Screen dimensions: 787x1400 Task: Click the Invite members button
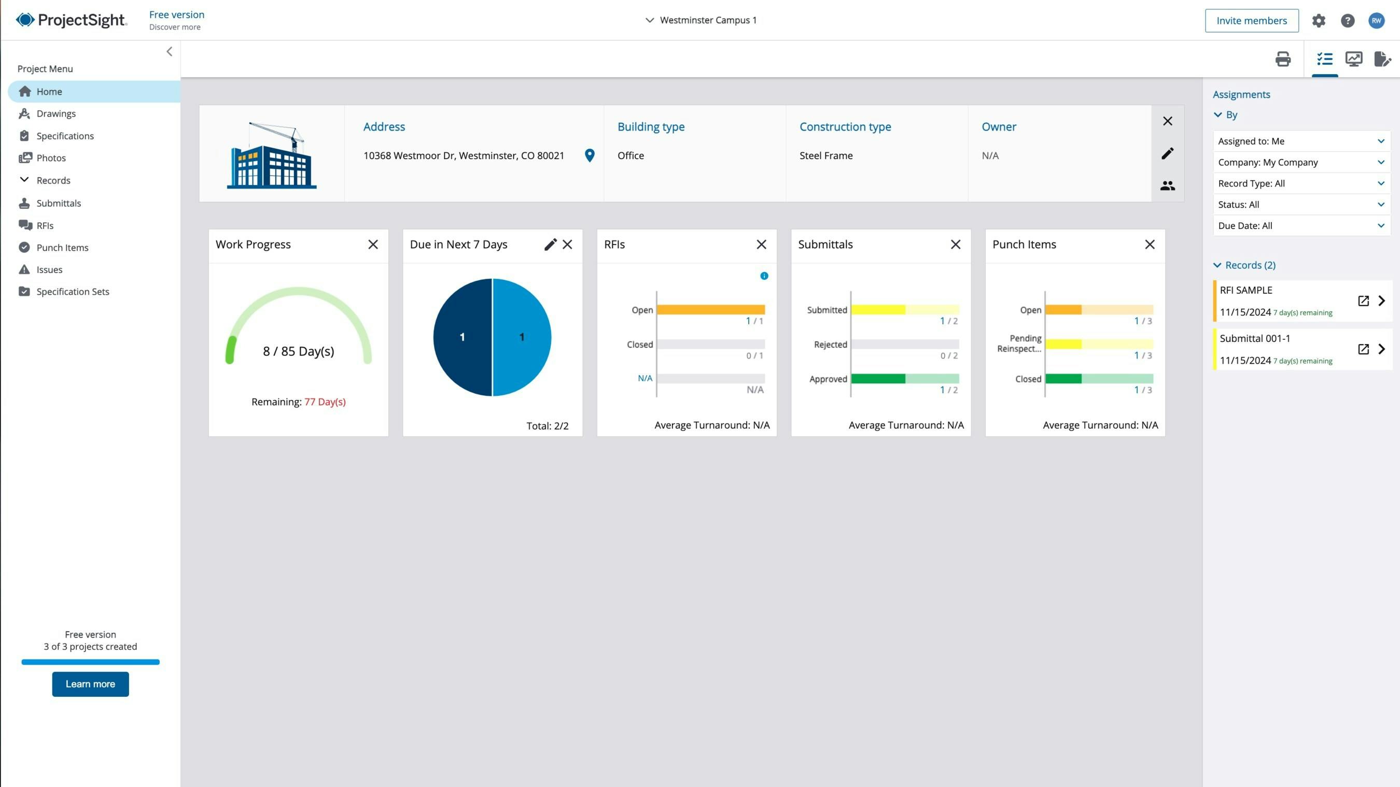(1251, 21)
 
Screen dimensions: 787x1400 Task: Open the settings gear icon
(1319, 21)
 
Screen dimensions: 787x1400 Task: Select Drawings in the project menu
(56, 113)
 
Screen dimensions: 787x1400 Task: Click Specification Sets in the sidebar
(72, 292)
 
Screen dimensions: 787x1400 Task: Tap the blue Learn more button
(90, 684)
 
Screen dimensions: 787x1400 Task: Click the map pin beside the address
(589, 155)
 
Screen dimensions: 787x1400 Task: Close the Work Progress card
(373, 245)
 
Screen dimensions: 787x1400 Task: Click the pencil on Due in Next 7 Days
(550, 245)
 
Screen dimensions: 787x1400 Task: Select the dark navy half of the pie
(462, 337)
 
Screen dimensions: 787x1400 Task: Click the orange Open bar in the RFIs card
(710, 310)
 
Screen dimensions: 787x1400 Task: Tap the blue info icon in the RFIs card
(764, 276)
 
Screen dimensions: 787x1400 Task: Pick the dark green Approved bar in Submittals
(878, 379)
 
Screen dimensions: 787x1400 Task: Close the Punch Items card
(1150, 245)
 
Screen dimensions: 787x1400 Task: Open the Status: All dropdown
(1301, 205)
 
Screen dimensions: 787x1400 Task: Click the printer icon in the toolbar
(1283, 59)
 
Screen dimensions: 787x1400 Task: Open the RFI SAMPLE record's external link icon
(1363, 301)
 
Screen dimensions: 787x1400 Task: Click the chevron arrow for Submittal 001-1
(1381, 349)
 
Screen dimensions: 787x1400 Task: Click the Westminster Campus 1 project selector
(701, 20)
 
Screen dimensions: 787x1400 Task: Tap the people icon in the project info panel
(1167, 186)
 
